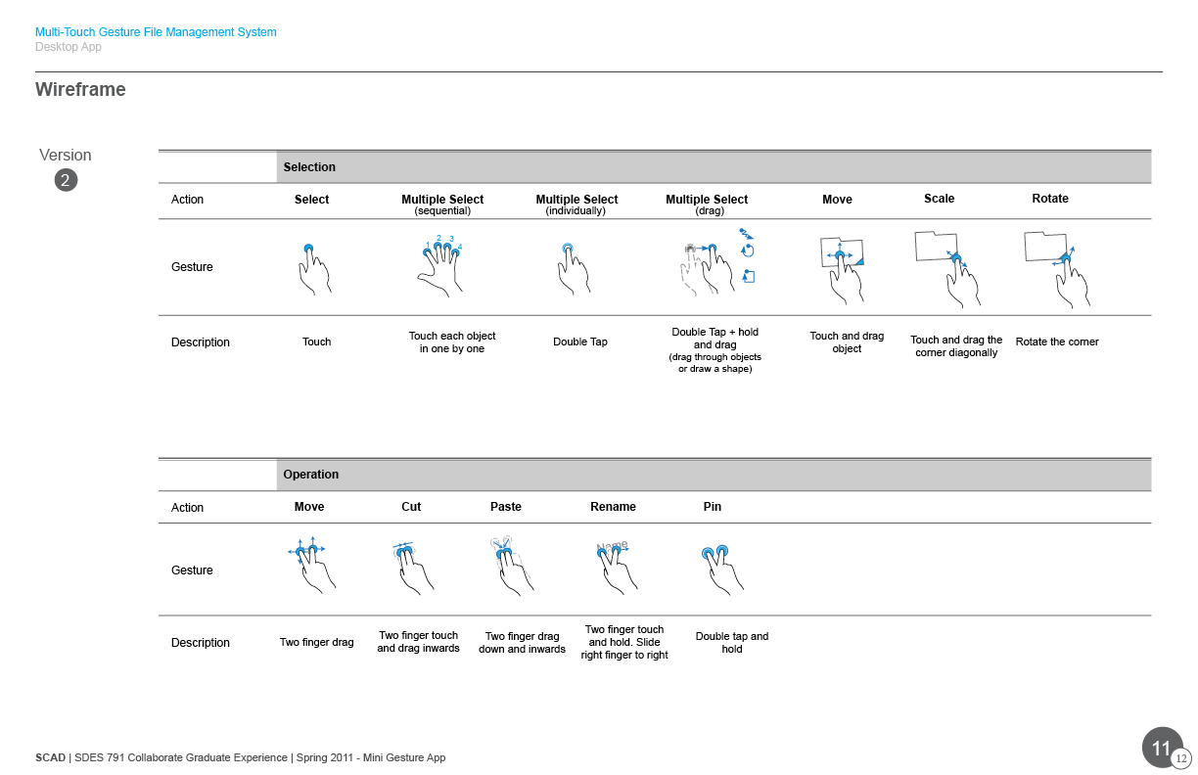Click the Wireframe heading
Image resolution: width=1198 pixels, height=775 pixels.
[80, 89]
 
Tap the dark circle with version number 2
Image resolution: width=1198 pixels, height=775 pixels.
[66, 180]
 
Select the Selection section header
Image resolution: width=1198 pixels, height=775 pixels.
[309, 167]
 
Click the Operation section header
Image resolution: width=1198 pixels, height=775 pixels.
[310, 475]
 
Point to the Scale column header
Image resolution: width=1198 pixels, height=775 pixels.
[940, 199]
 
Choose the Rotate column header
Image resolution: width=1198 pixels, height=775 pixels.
[1050, 199]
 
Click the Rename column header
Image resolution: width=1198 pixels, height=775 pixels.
[613, 507]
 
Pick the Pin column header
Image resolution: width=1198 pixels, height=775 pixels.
[712, 507]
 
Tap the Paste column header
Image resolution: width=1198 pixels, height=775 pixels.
[505, 507]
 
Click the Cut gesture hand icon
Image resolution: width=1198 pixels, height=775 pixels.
[413, 568]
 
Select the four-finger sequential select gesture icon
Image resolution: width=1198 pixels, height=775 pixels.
[440, 266]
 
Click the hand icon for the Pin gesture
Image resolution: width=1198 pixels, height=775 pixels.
[722, 570]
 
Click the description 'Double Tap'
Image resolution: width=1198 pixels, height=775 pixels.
[579, 342]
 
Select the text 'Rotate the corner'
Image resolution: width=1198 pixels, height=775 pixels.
[1057, 342]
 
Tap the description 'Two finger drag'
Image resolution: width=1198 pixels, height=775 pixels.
[316, 642]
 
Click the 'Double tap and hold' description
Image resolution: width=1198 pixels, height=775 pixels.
[732, 642]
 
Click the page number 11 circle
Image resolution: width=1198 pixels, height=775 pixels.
[1162, 748]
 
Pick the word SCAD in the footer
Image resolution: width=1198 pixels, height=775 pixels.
[50, 758]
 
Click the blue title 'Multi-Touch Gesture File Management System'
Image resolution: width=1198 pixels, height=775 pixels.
[156, 32]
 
